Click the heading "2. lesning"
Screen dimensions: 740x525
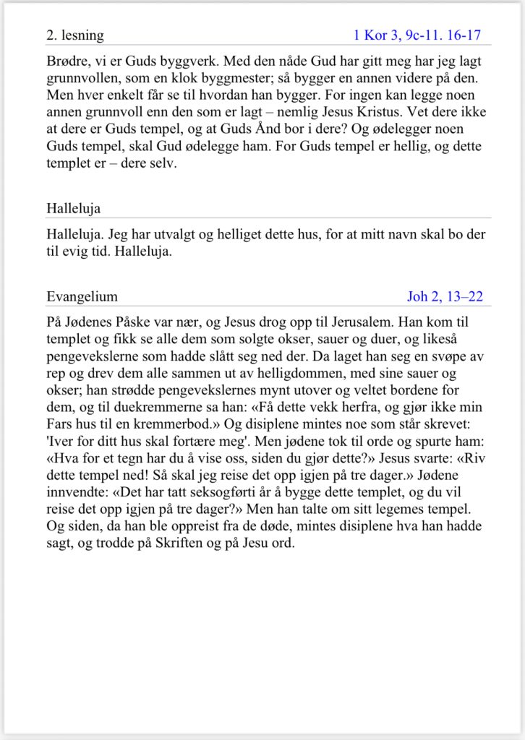coord(75,35)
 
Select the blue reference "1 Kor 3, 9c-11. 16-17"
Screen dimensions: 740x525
coord(417,35)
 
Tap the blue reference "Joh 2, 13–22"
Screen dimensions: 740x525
coord(445,296)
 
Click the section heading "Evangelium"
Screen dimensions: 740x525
coord(82,296)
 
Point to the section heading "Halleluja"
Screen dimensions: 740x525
coord(73,209)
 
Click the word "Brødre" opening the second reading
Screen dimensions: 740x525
coord(67,61)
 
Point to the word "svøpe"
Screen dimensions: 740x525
coord(417,373)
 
